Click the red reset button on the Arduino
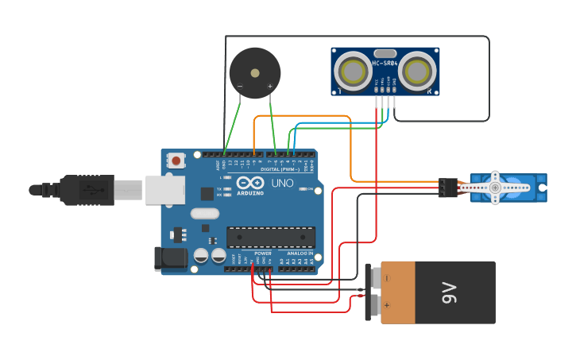click(x=176, y=161)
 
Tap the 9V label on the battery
click(x=450, y=292)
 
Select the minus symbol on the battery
click(x=387, y=278)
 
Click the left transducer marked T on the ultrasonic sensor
click(x=351, y=71)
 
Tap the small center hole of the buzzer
click(x=255, y=73)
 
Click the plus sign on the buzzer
click(x=269, y=86)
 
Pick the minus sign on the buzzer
click(x=240, y=86)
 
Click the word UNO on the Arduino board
click(x=284, y=184)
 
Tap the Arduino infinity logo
click(x=249, y=183)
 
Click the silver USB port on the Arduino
click(x=165, y=190)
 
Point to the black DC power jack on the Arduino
click(x=169, y=257)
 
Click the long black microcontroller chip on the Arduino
click(x=270, y=237)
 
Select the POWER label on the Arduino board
click(x=263, y=254)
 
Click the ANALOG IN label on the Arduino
click(x=300, y=254)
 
